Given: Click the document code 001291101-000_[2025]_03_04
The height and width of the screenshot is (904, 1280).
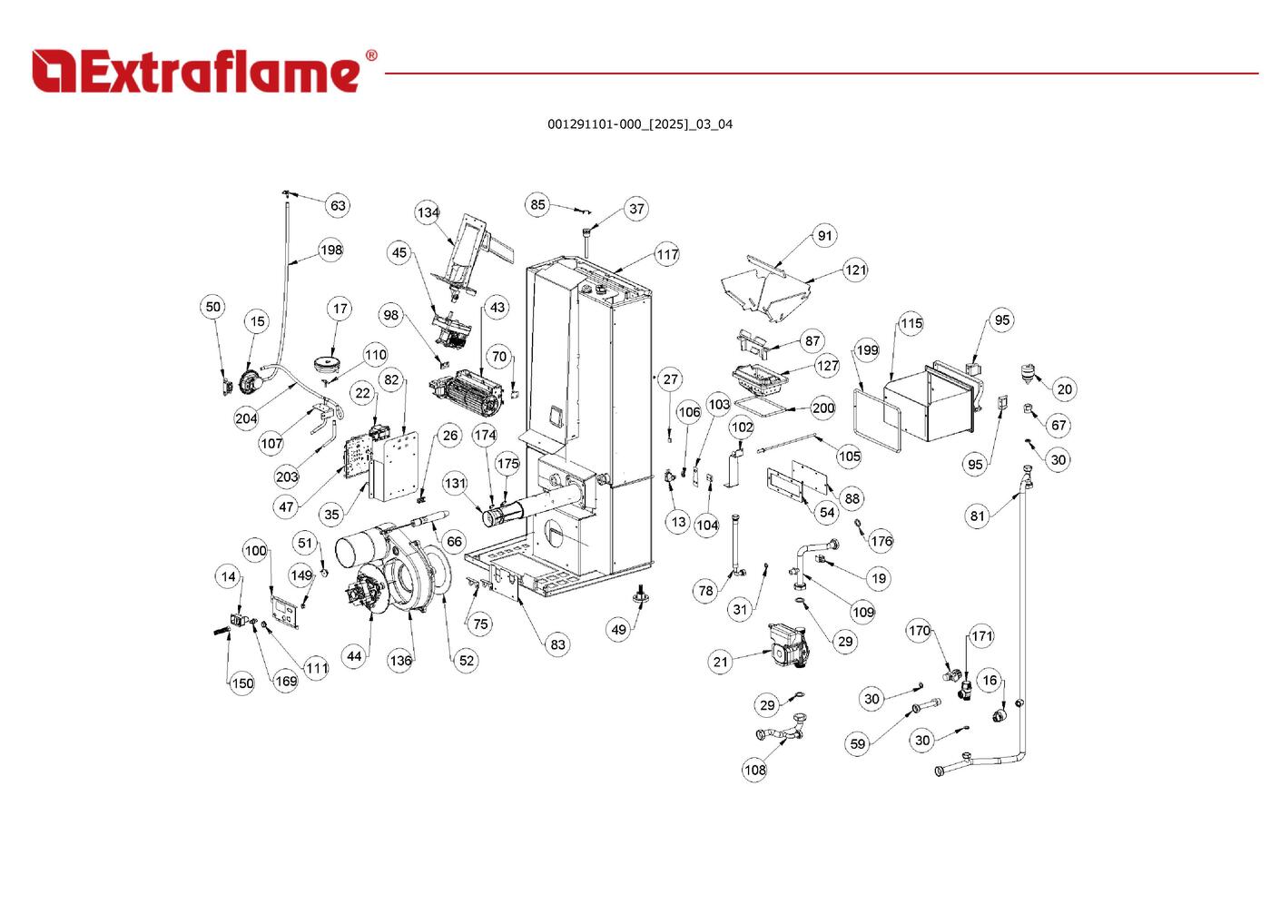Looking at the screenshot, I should coord(639,124).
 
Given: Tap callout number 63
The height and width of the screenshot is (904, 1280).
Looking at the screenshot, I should coord(338,206).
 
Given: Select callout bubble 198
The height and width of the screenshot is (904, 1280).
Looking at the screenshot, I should coord(330,250).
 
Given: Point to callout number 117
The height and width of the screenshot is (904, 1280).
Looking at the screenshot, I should coord(667,255).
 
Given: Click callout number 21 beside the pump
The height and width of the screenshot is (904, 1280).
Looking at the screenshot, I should coord(720,662).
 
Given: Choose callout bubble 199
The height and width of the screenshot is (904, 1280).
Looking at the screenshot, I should coord(867,350).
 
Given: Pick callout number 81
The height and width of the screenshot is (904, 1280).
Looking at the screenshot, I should coord(977,516).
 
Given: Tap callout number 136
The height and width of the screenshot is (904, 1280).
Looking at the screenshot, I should coord(400,661).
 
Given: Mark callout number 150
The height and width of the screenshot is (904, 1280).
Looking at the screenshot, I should coord(241,683).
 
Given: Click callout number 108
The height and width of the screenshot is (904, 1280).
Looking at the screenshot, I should coord(754,770).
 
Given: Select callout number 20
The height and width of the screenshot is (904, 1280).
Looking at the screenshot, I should coord(1064,389).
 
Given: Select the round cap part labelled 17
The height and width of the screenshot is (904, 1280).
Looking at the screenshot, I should coord(328,365).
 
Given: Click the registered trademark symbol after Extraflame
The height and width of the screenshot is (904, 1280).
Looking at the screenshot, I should coord(370,56).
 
